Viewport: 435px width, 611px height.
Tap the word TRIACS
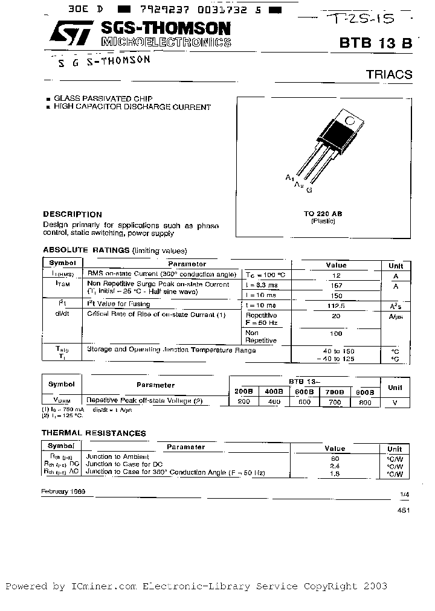pos(389,75)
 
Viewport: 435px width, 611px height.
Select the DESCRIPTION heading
pos(72,214)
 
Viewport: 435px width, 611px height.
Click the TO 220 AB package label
pos(323,214)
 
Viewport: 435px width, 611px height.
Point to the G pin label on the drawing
pos(309,190)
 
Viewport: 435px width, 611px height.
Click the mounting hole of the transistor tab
pos(349,120)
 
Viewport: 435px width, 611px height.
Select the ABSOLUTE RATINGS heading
pos(85,250)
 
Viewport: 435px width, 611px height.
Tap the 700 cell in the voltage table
pos(334,402)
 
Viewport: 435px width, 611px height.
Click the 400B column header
pos(274,391)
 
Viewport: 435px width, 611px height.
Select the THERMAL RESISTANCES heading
pos(93,433)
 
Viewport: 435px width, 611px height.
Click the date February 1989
pos(63,491)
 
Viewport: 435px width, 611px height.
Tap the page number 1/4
pos(404,495)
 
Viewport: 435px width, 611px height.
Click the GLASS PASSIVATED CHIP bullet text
pos(103,98)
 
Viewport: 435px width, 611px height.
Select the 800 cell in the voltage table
pos(365,402)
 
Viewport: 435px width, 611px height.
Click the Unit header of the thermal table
pos(395,449)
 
